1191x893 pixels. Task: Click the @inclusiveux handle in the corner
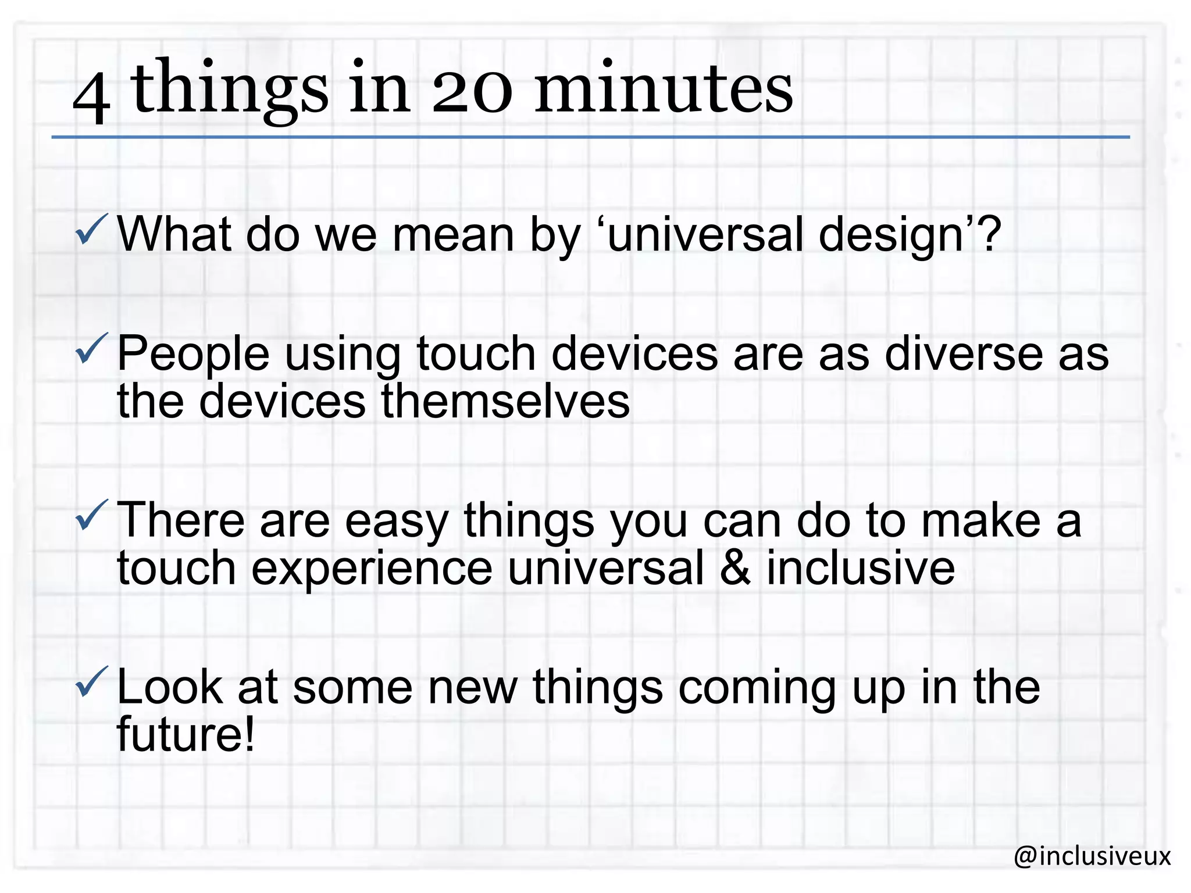tap(1092, 856)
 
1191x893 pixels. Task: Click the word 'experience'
tap(372, 570)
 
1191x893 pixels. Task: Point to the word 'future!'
tap(186, 734)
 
